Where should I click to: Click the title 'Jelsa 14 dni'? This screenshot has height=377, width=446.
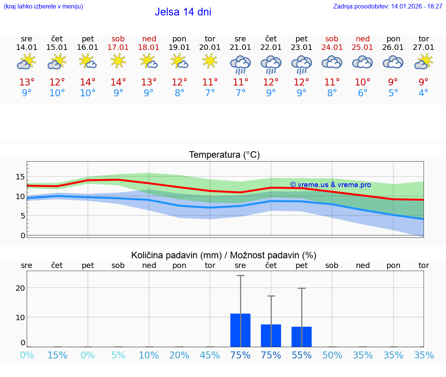[x=183, y=12]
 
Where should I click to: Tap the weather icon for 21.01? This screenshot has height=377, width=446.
[x=240, y=64]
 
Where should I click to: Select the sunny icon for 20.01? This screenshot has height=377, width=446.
[x=210, y=61]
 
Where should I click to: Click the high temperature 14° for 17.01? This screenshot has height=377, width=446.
[x=118, y=82]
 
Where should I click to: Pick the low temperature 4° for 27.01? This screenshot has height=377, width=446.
[x=424, y=93]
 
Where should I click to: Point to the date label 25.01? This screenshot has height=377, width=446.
[x=362, y=48]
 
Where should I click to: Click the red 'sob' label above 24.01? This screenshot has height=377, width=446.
[x=332, y=39]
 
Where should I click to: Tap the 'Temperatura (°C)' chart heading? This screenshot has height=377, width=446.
[x=224, y=155]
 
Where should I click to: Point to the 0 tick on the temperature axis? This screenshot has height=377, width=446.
[x=22, y=235]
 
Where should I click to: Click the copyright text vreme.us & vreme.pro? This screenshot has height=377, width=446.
[x=330, y=185]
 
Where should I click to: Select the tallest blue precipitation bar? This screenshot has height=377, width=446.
[x=240, y=330]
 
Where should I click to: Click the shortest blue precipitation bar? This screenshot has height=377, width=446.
[x=301, y=337]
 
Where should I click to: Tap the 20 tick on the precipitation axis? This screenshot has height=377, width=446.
[x=20, y=288]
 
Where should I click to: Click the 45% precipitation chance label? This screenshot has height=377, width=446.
[x=210, y=355]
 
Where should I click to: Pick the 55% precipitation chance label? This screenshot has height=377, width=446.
[x=301, y=355]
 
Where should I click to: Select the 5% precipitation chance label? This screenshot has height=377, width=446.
[x=118, y=355]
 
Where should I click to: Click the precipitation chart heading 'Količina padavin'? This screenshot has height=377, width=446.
[x=224, y=255]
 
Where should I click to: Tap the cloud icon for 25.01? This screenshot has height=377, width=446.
[x=362, y=62]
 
